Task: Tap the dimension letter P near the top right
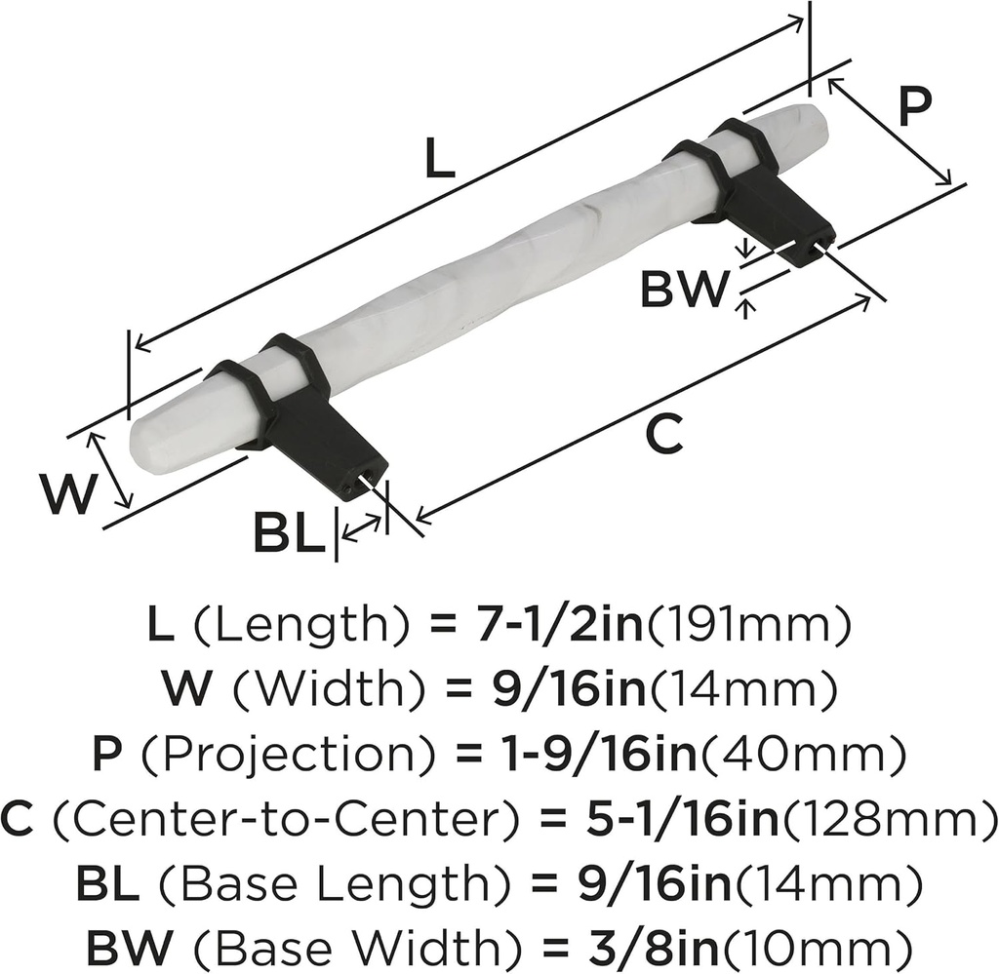(914, 106)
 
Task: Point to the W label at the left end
(70, 494)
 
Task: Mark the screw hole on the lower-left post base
(369, 479)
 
